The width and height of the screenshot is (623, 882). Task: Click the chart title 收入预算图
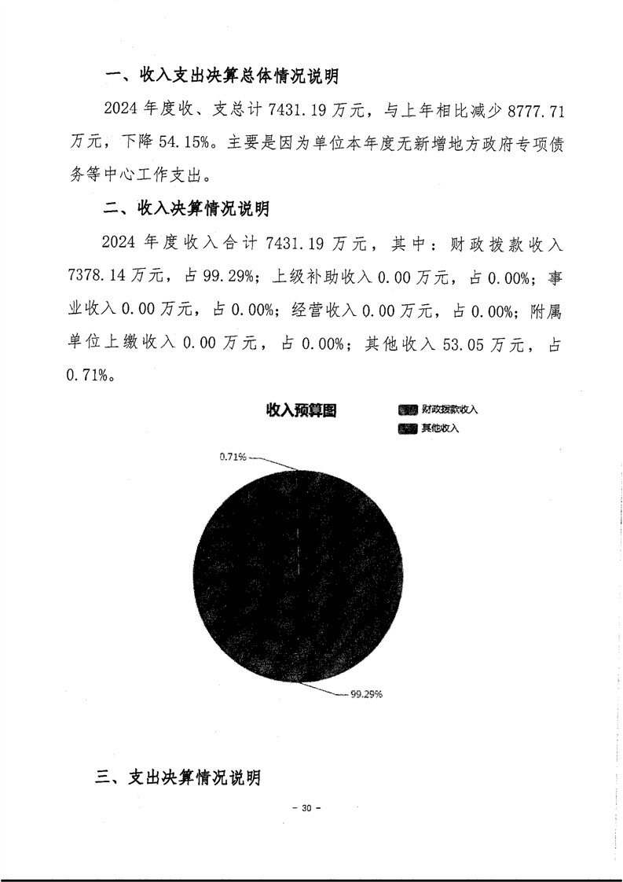tap(301, 410)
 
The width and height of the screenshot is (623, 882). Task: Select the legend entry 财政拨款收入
tap(449, 410)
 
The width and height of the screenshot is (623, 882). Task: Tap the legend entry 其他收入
tap(440, 428)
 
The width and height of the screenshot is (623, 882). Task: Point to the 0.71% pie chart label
tap(233, 456)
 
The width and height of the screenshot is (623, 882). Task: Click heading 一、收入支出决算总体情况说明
tap(222, 76)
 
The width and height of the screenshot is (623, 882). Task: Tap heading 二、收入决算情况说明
tap(188, 210)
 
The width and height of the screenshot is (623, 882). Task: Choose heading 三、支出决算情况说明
tap(177, 778)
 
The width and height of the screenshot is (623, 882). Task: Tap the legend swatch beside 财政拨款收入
tap(408, 410)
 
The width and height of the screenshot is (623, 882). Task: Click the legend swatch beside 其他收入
tap(408, 428)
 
